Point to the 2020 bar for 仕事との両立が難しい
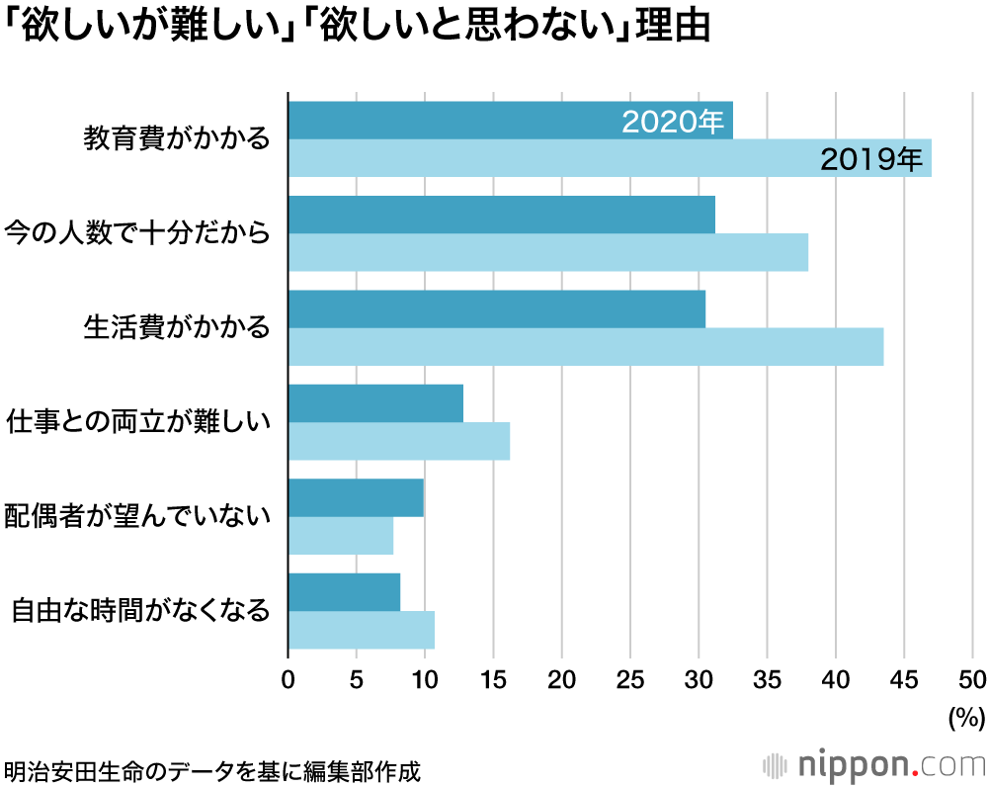(x=375, y=403)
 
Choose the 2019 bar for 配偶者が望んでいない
(x=340, y=536)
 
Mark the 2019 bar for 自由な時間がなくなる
(x=361, y=630)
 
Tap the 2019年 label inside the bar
(x=870, y=158)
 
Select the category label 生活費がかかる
(x=177, y=327)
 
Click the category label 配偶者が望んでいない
(x=137, y=515)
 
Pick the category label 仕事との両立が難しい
(x=137, y=421)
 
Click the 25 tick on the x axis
(x=630, y=679)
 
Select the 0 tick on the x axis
(x=288, y=679)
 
